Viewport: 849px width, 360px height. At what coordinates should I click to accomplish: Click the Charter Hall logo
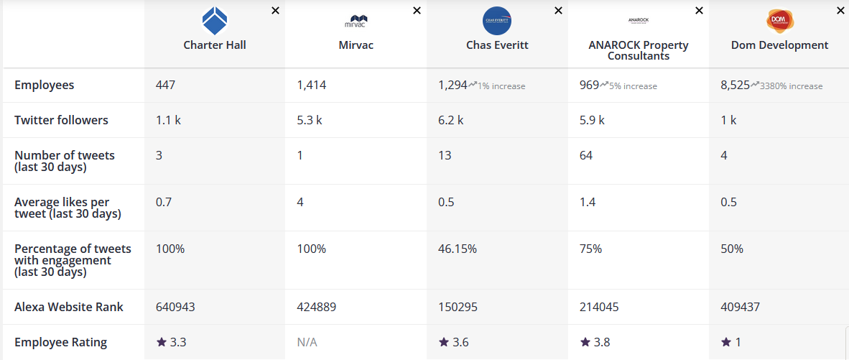pos(215,21)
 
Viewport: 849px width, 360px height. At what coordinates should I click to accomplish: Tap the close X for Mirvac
pos(417,10)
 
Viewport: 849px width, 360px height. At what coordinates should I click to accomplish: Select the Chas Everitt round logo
pos(497,21)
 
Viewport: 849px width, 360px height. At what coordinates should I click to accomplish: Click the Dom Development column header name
pos(779,45)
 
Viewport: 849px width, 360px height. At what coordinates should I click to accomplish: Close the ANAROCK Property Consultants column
pos(700,10)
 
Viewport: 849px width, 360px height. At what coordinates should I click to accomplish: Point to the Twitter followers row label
pos(61,120)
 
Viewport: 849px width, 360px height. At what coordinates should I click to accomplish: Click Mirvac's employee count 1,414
pos(311,86)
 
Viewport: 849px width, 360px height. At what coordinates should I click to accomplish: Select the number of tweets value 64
pos(586,155)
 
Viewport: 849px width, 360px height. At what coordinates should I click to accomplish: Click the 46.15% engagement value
pos(458,249)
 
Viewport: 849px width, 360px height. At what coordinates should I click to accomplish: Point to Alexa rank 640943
pos(175,307)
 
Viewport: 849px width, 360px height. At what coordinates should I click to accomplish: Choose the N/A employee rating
pos(307,342)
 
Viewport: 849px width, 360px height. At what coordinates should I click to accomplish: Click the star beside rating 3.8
pos(585,342)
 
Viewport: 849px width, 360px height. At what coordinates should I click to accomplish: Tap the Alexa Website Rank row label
pos(69,307)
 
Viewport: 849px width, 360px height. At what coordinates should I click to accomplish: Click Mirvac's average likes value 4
pos(300,202)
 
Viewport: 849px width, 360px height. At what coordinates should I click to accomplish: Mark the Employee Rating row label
pos(60,342)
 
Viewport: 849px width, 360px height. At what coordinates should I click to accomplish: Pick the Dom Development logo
pos(779,21)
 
